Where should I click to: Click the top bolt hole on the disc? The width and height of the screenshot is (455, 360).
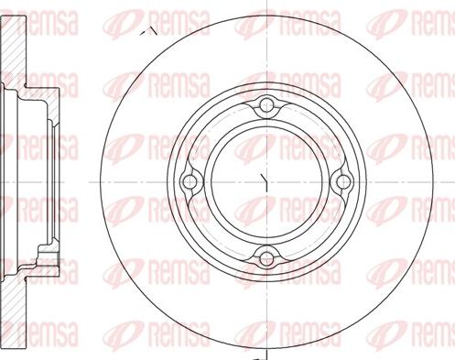(266, 105)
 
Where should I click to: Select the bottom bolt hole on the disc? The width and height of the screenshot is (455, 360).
(266, 258)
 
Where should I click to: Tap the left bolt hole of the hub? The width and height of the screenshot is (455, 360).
(190, 182)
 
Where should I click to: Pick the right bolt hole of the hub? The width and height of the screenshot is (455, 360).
(343, 182)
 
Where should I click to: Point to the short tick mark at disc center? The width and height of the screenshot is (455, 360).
(264, 182)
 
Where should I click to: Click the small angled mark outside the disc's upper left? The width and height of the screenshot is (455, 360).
(148, 30)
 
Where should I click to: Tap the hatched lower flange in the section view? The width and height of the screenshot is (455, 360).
(14, 311)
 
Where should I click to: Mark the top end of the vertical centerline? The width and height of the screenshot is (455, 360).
(267, 1)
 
